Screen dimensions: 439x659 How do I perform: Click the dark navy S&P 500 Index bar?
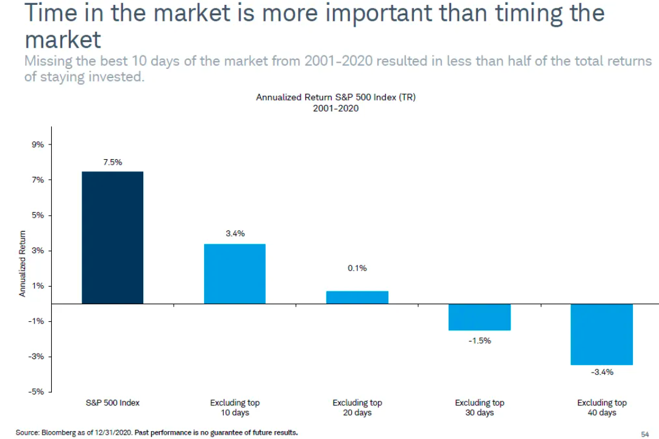point(112,237)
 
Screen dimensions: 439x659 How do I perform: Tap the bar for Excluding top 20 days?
point(357,297)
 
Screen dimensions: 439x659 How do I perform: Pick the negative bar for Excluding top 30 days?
point(479,317)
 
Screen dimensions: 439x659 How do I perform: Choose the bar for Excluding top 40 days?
point(602,334)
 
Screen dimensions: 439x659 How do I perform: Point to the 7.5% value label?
point(112,162)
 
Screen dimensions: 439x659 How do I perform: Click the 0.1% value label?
point(357,268)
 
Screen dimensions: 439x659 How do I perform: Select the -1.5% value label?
point(479,341)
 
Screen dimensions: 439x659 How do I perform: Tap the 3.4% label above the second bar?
point(235,234)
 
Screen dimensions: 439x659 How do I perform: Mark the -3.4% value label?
point(602,373)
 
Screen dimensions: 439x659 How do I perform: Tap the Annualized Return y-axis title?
point(23,263)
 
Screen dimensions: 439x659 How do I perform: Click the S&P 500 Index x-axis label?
point(112,403)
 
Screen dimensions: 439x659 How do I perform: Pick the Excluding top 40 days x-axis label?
point(602,407)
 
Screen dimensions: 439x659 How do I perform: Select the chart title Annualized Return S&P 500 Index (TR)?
point(335,98)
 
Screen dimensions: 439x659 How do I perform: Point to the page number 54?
point(644,434)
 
